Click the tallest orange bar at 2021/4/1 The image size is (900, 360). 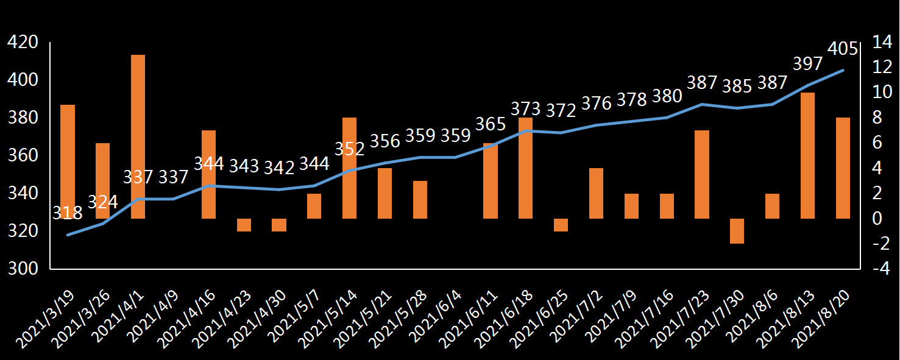(138, 136)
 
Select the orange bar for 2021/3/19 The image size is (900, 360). (68, 161)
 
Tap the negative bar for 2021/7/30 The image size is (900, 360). (737, 231)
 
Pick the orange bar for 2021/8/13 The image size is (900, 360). (807, 155)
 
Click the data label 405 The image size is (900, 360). (843, 48)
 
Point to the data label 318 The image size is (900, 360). (68, 213)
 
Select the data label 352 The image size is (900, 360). (350, 149)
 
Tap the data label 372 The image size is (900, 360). (561, 111)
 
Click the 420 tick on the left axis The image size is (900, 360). (22, 42)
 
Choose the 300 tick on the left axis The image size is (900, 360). (22, 269)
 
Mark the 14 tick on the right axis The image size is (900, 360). (881, 42)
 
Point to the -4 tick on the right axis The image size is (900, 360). (881, 269)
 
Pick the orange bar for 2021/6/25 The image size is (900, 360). (561, 225)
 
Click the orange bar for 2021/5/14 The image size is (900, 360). (350, 168)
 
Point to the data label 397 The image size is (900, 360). (808, 63)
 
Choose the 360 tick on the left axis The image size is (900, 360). (22, 155)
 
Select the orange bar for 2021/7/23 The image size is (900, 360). (702, 174)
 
